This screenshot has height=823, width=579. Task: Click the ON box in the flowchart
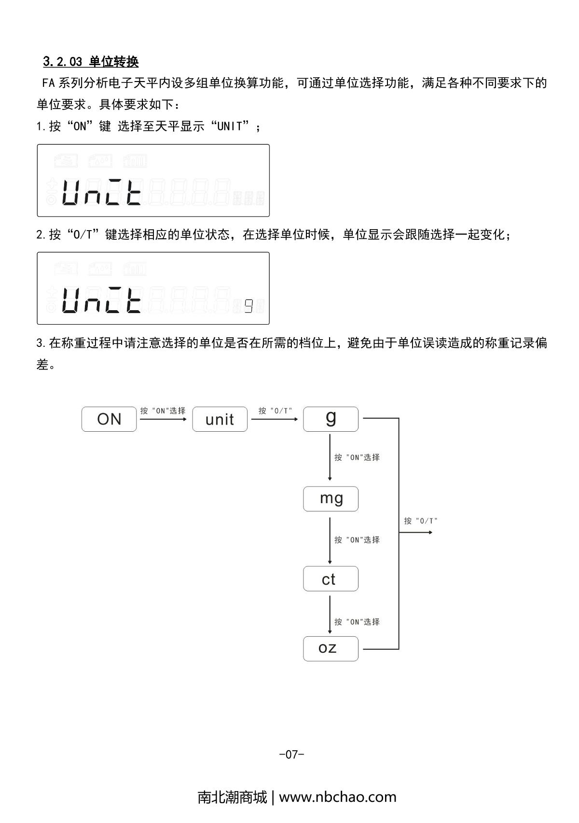coord(109,419)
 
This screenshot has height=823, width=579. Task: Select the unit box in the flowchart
coord(220,419)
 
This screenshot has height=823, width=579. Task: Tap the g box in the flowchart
coord(331,418)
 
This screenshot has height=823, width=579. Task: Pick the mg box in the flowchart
coord(331,498)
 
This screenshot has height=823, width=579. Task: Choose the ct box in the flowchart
coord(331,578)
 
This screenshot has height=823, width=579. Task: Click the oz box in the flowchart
coord(331,648)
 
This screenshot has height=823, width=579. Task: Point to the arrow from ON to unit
coord(163,419)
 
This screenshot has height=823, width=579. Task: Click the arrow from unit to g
coord(275,419)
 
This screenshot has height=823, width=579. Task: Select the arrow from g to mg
coord(330,457)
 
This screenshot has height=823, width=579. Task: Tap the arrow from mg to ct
coord(330,540)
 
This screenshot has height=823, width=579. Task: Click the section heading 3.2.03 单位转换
coord(91,62)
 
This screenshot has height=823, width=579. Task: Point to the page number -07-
coord(291,754)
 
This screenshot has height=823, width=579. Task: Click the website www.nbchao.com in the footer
coord(338,797)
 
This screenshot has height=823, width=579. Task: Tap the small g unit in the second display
coord(248,306)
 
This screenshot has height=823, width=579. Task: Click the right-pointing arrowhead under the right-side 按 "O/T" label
coord(429,533)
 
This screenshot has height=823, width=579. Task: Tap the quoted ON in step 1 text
coord(80,127)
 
